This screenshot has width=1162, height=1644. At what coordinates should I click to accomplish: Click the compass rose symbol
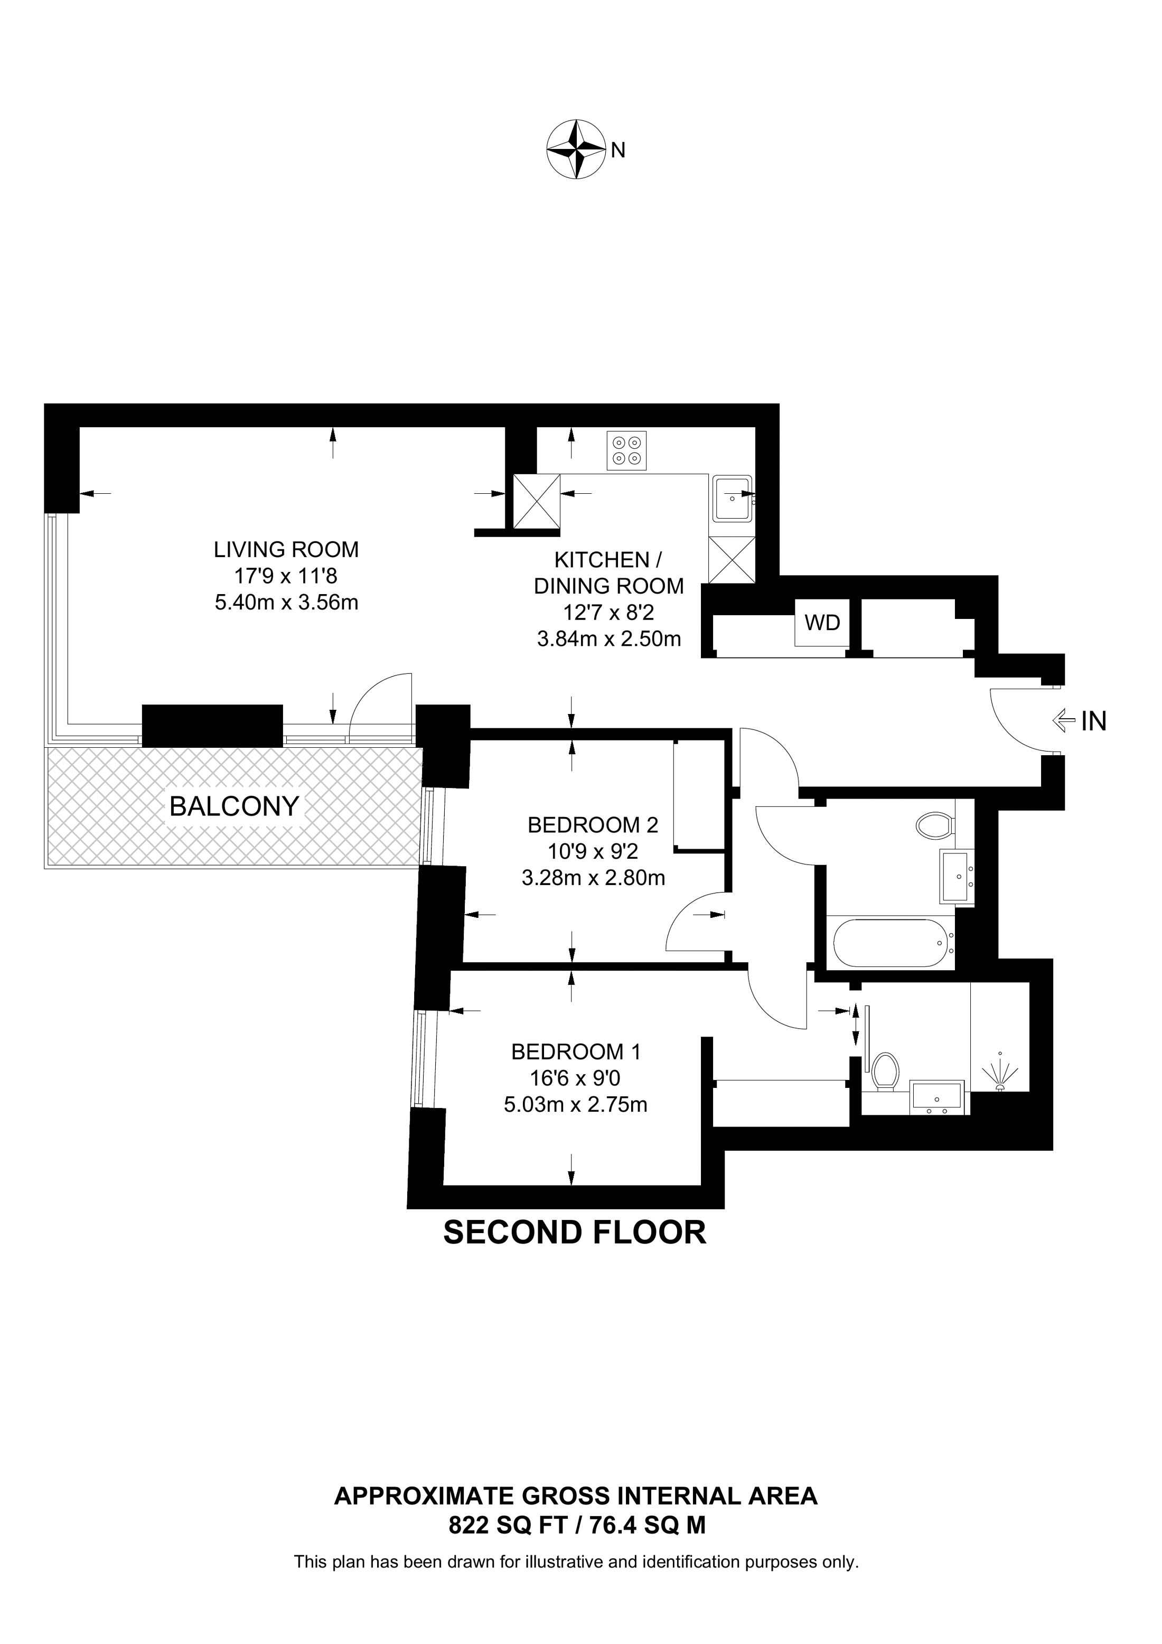576,149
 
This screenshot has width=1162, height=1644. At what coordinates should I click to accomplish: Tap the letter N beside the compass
619,151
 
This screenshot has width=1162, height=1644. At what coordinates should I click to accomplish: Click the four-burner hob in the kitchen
626,450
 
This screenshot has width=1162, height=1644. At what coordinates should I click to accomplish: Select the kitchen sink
732,497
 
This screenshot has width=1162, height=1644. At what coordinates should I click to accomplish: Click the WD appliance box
822,622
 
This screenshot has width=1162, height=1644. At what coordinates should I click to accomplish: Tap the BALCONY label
234,806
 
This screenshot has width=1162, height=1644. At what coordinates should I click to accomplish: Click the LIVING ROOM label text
286,549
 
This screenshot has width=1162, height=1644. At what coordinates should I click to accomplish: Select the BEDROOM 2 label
593,825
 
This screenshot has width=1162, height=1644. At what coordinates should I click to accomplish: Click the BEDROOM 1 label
576,1052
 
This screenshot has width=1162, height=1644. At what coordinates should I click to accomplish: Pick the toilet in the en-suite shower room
886,1072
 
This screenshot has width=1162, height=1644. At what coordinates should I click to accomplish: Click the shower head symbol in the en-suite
1000,1072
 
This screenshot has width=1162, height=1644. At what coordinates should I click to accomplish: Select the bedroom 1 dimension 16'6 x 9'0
576,1078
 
